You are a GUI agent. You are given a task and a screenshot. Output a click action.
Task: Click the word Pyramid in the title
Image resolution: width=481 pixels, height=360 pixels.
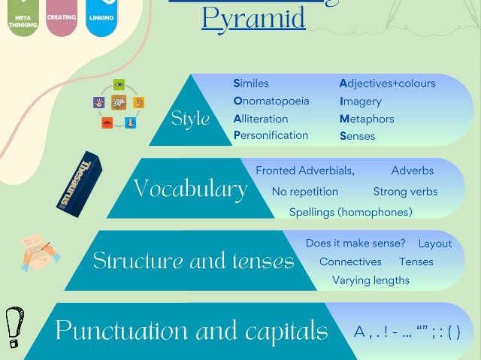(253, 17)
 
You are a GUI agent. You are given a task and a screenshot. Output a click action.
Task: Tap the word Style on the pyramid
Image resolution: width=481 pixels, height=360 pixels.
(190, 118)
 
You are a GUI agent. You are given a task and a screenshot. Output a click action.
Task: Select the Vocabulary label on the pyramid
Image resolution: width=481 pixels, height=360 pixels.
(190, 189)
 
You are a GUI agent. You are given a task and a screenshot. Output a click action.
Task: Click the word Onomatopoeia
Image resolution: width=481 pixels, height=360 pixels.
(271, 101)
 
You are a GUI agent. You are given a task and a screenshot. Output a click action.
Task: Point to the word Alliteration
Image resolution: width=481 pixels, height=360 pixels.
(261, 119)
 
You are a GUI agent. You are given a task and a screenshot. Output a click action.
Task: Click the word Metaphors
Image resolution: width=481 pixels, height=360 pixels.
(367, 119)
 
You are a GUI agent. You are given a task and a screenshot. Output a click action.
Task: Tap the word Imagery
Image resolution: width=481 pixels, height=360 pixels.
(361, 101)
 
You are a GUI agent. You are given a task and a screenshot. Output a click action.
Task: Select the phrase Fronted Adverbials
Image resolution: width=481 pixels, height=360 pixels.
(305, 171)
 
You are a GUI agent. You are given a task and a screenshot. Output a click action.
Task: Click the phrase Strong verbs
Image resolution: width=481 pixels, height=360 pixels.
(405, 192)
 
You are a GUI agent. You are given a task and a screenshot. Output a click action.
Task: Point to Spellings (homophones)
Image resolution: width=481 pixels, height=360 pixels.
(351, 212)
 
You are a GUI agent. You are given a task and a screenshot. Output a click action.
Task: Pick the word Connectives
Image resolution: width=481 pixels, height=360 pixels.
(350, 262)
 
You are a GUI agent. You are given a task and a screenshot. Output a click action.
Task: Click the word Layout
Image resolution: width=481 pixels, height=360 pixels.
(435, 244)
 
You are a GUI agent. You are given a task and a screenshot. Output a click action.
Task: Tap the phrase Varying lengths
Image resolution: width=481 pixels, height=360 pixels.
(371, 280)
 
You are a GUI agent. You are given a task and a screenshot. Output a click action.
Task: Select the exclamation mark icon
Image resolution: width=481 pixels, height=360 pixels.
(13, 327)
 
